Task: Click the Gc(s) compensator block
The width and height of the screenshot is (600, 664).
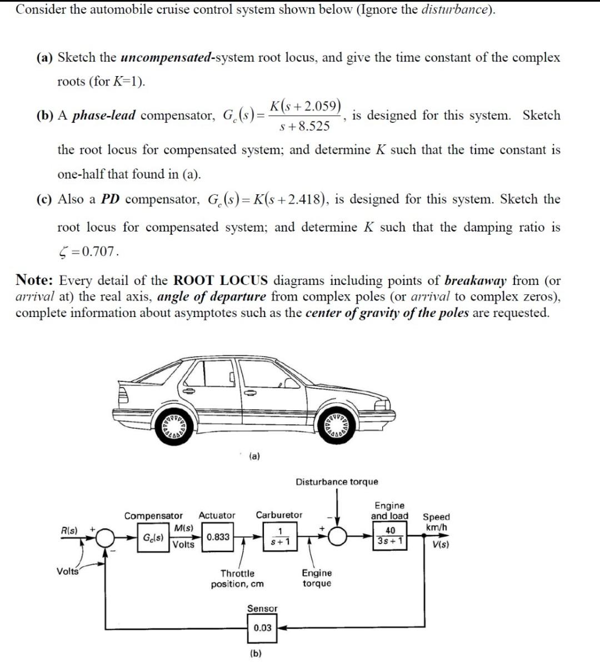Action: pyautogui.click(x=152, y=538)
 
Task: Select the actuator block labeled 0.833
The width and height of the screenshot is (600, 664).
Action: pyautogui.click(x=218, y=537)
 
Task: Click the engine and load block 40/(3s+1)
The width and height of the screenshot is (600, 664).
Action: pyautogui.click(x=390, y=536)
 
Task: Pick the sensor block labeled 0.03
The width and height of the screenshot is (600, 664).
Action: pyautogui.click(x=262, y=628)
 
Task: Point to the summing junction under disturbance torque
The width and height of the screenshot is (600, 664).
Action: pyautogui.click(x=338, y=536)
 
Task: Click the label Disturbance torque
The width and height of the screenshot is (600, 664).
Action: pyautogui.click(x=337, y=482)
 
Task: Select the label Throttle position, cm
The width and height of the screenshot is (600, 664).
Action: pyautogui.click(x=237, y=579)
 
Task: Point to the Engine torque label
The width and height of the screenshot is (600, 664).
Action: pyautogui.click(x=317, y=578)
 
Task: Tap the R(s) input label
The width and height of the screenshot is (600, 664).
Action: pyautogui.click(x=69, y=530)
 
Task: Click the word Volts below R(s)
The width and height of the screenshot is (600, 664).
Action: pyautogui.click(x=68, y=571)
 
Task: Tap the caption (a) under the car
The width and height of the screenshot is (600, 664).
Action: pyautogui.click(x=254, y=456)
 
